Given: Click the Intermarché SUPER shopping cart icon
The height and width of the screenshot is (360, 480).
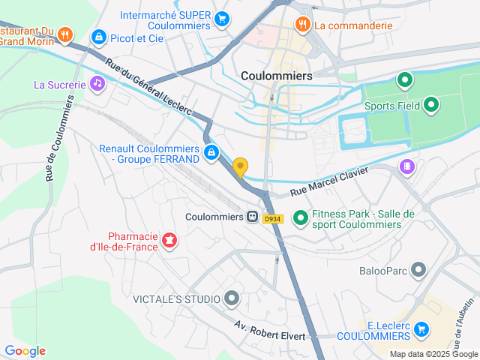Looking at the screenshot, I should [x=221, y=19].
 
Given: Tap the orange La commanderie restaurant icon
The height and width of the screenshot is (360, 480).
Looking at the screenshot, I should [x=302, y=24].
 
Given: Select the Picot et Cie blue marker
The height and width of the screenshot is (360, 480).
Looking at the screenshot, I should [x=98, y=37].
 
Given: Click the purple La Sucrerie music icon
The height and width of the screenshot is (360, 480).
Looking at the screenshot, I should [x=97, y=84].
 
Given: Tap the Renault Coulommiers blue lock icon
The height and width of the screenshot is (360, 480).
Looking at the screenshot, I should [x=212, y=154].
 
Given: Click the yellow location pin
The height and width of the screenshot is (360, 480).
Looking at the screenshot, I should [x=241, y=167].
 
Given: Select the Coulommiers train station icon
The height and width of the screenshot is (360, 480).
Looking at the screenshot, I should [x=253, y=217].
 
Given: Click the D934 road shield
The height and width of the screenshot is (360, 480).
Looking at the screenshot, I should [x=272, y=219].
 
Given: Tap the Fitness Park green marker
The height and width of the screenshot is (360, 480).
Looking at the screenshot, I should [x=300, y=218].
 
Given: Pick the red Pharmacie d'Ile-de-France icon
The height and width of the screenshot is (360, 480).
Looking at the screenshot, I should [x=169, y=240].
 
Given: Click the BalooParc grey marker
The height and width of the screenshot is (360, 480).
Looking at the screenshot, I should [x=418, y=269].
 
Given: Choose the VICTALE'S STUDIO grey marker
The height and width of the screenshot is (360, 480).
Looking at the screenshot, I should [x=232, y=299].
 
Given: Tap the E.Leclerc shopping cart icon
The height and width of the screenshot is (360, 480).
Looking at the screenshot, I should [x=421, y=328].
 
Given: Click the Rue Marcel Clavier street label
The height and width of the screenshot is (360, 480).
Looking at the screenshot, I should [x=329, y=181].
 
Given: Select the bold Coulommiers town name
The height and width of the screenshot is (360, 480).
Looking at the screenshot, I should [x=276, y=76].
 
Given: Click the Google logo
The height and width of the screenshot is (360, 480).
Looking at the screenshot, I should [x=25, y=351].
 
